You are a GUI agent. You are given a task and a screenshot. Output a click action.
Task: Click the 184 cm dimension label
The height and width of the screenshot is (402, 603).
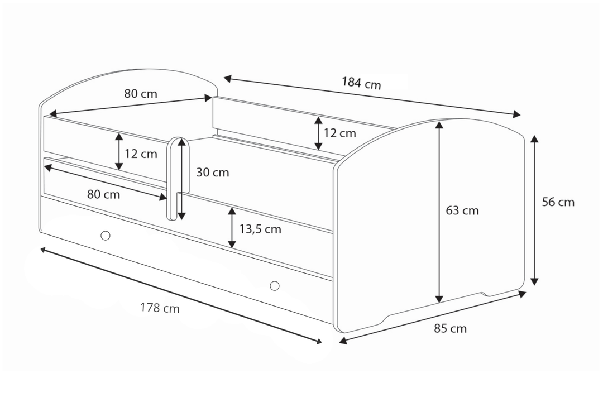[361, 83]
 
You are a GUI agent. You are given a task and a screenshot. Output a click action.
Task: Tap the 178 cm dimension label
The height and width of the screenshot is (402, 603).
[160, 308]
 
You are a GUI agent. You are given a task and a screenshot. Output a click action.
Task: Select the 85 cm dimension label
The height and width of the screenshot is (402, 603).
[450, 328]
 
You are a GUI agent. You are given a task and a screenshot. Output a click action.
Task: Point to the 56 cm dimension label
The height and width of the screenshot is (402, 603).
[558, 202]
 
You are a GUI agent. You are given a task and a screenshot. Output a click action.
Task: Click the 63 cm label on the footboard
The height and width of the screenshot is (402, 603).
[462, 210]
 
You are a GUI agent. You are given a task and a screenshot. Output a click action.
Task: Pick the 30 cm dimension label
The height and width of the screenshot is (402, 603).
[213, 173]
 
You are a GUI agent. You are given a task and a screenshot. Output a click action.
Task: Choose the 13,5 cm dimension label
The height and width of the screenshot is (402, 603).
[260, 229]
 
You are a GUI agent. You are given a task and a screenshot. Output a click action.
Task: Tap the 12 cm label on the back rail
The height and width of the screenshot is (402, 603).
[339, 133]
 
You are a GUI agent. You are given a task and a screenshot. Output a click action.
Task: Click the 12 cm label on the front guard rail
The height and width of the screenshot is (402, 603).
[141, 154]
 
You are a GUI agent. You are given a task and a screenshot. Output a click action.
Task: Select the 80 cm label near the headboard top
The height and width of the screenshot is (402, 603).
[141, 93]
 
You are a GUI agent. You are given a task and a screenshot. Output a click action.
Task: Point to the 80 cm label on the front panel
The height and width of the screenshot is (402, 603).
[104, 195]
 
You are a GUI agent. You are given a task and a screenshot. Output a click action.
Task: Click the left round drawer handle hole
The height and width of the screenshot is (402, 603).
[105, 235]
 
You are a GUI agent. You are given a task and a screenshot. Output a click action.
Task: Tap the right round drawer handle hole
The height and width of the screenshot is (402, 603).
[274, 286]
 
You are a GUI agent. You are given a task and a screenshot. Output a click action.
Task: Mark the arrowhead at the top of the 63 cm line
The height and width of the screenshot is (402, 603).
[439, 125]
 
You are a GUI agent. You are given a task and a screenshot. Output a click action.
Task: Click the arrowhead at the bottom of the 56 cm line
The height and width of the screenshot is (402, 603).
[534, 281]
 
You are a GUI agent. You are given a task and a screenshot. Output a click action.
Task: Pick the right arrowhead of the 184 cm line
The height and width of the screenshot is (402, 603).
[517, 115]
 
